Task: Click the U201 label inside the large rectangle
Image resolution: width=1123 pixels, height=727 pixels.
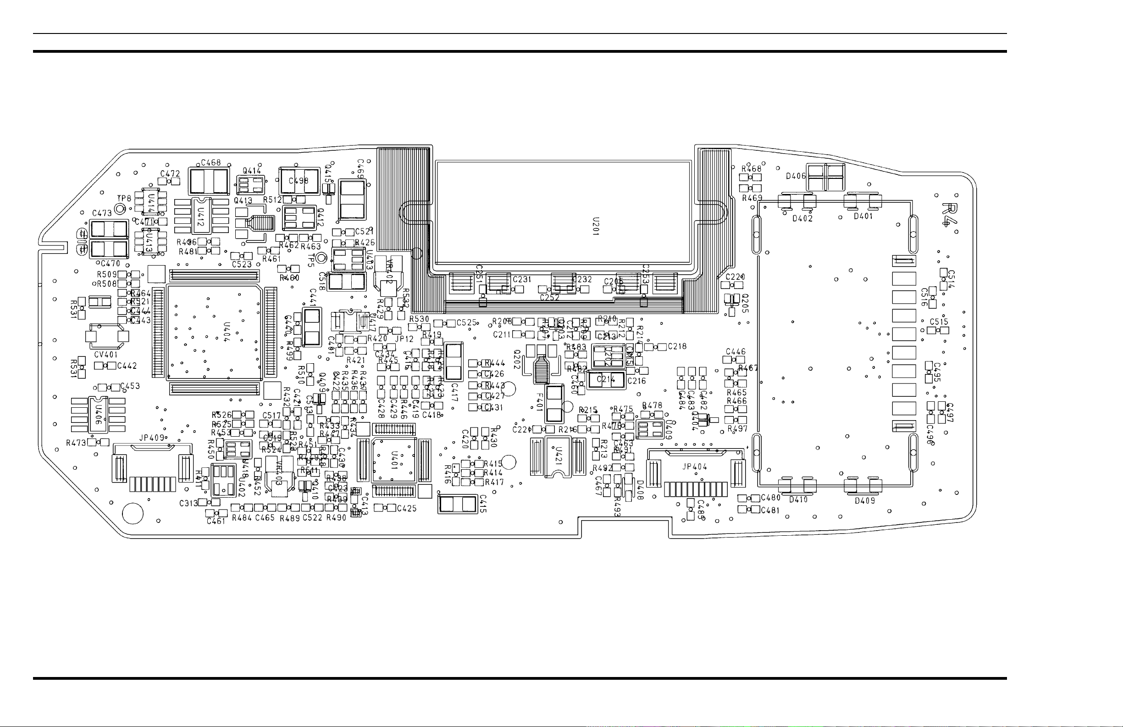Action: point(596,227)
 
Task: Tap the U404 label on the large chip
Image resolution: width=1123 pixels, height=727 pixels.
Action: point(227,332)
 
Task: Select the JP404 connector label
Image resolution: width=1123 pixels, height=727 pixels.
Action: point(695,467)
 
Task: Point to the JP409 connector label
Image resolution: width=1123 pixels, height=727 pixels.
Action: point(151,438)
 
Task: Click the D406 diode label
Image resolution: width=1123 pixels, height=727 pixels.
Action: point(796,176)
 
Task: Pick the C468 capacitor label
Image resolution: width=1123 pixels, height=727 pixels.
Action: point(210,163)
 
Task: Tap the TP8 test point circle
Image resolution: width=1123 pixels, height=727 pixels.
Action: point(121,208)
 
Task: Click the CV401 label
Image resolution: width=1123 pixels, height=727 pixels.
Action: point(105,355)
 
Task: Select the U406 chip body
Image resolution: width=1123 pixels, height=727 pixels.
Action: point(98,415)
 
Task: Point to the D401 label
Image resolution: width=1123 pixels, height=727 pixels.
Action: point(863,216)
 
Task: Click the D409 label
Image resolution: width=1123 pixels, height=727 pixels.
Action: point(865,501)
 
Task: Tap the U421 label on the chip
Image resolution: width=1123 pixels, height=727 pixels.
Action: point(558,455)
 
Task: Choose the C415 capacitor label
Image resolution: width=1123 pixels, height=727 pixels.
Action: point(483,504)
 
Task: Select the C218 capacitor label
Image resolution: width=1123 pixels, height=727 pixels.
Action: point(677,346)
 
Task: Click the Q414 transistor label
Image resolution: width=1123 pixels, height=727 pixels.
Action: point(251,171)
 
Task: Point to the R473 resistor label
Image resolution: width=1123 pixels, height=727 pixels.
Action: point(76,443)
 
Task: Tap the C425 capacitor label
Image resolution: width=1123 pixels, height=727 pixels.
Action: point(407,508)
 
